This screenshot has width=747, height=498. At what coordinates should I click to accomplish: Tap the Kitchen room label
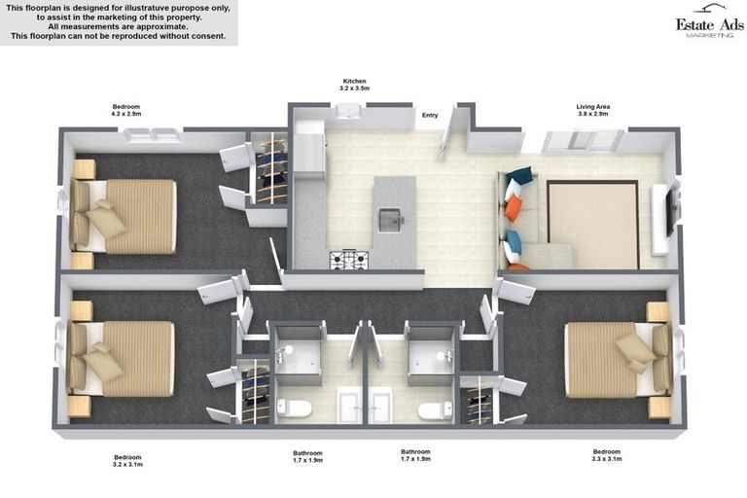pyautogui.click(x=355, y=81)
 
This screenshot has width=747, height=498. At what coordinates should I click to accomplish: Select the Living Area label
pyautogui.click(x=592, y=107)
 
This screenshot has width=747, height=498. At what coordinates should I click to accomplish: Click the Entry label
pyautogui.click(x=429, y=116)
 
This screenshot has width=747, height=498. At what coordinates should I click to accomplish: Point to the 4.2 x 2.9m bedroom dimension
pyautogui.click(x=126, y=114)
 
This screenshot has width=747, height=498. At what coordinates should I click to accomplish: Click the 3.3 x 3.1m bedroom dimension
pyautogui.click(x=606, y=459)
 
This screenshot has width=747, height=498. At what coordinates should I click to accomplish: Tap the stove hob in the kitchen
pyautogui.click(x=347, y=260)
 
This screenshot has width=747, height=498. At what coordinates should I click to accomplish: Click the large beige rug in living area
pyautogui.click(x=592, y=224)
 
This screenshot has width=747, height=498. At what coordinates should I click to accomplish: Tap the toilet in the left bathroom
pyautogui.click(x=293, y=409)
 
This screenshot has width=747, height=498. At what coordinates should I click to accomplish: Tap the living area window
pyautogui.click(x=583, y=140)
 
